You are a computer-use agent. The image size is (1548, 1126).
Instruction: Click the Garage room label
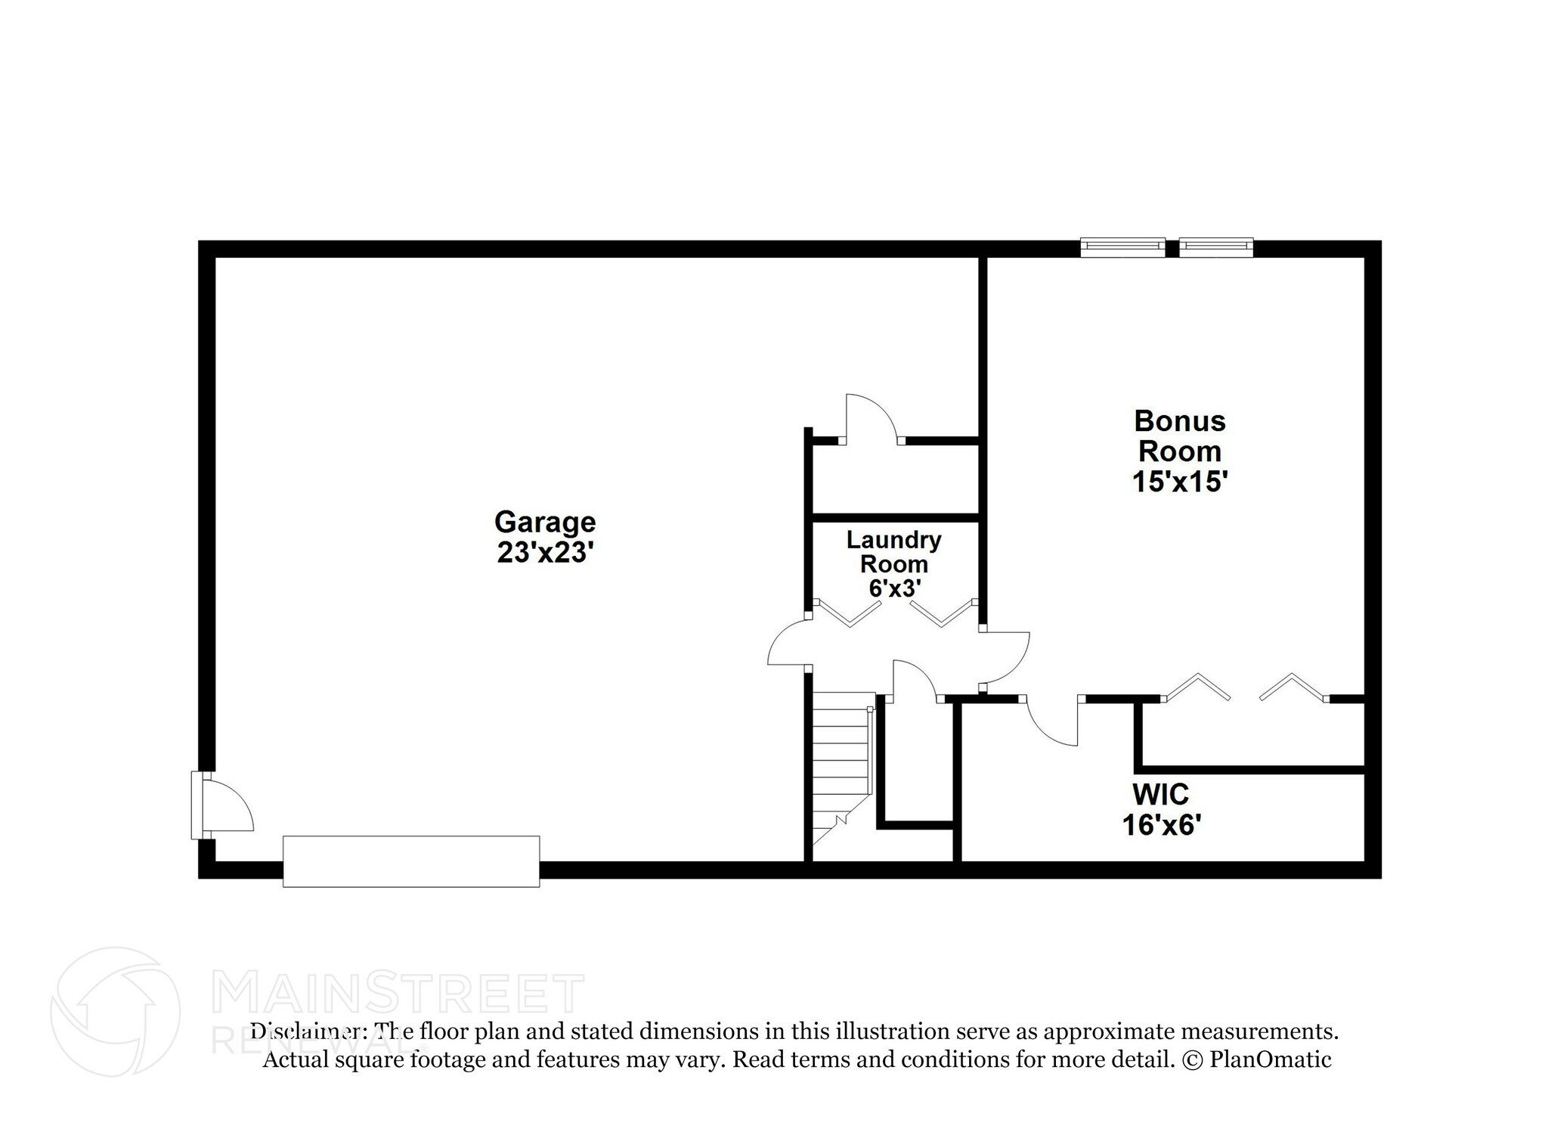pos(544,522)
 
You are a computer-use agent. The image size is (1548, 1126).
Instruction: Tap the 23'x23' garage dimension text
pos(543,553)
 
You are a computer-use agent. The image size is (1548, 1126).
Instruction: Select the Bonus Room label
pos(1179,436)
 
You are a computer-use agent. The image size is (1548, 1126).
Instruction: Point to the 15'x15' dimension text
pos(1179,482)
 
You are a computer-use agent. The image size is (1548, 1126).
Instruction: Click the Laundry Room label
pos(893,551)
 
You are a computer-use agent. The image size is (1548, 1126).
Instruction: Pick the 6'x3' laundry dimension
pos(893,588)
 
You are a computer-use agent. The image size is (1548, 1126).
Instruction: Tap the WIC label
pos(1160,794)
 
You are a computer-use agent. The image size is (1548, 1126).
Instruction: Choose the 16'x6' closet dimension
pos(1161,825)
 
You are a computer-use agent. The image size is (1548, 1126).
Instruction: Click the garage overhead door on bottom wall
pos(411,861)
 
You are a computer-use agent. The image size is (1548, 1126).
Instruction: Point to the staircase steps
pos(840,764)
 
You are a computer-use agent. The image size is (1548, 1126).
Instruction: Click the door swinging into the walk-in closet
pos(1053,722)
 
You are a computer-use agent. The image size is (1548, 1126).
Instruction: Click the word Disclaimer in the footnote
pos(309,1031)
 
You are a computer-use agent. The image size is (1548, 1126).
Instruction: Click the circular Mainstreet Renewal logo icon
pos(115,1011)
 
